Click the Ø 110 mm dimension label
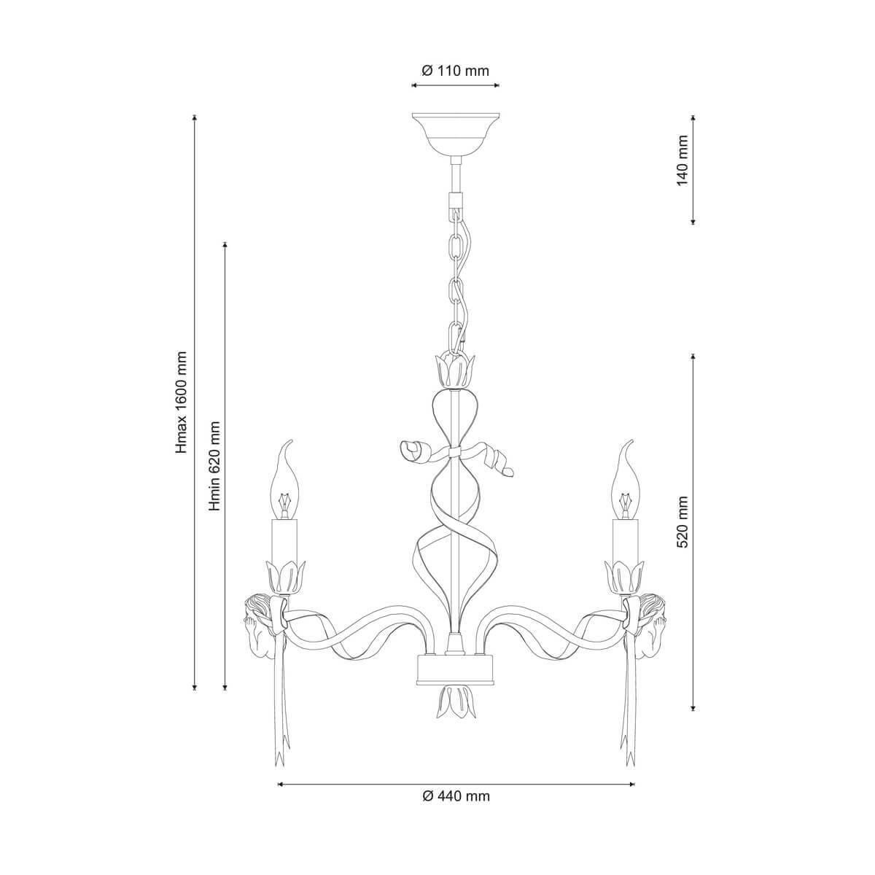[456, 71]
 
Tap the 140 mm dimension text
[683, 160]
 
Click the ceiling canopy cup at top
[456, 131]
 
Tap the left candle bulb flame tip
[289, 444]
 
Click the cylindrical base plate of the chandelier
[456, 668]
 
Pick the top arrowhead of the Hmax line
[195, 117]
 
